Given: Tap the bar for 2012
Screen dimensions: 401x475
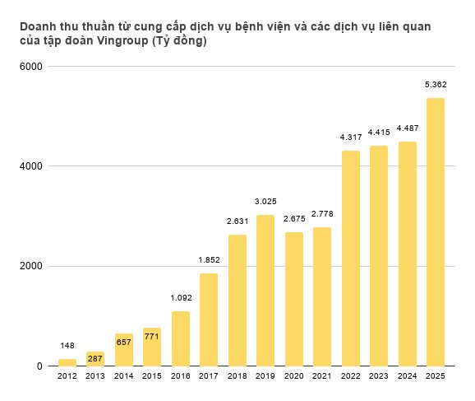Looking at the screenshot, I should coord(67,362).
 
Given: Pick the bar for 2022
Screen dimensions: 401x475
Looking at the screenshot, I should coord(350,259).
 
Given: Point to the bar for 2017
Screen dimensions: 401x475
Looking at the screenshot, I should coord(209,319).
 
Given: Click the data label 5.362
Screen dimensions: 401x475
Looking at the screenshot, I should coord(435,84).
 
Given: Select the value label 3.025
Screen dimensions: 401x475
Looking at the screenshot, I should coord(265,201).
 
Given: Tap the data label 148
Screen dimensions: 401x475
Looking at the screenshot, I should coord(67,345).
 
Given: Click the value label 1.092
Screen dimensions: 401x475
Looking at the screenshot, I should coord(181,297).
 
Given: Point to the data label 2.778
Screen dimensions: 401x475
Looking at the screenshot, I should coord(322,213).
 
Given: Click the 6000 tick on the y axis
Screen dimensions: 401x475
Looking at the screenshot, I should coord(32,67).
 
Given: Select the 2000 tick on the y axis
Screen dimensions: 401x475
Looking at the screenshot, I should coord(32,266).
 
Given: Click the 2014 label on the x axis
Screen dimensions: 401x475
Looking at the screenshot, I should coord(124,376).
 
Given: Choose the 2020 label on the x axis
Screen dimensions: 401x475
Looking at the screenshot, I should coord(293,376).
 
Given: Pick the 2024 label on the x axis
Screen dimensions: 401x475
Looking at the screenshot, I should coord(407,376).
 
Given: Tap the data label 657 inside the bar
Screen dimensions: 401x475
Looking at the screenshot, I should coord(124,339).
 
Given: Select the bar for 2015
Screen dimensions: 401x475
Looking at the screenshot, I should coord(152,347).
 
